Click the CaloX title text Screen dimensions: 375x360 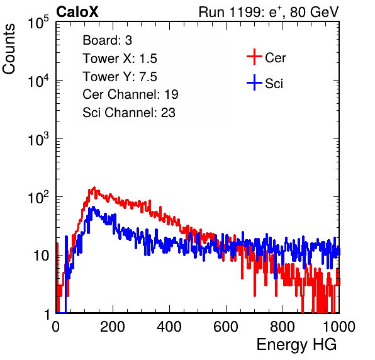click(x=77, y=12)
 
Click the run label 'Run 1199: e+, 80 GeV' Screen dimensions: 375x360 click(x=269, y=12)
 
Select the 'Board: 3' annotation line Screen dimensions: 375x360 click(x=107, y=40)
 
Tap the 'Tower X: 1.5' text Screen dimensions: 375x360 click(x=120, y=59)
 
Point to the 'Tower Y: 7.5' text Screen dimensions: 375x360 click(x=120, y=77)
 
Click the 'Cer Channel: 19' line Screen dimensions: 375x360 click(x=130, y=94)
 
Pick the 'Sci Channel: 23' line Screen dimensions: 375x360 click(x=129, y=113)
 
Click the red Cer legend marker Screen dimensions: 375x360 click(x=254, y=57)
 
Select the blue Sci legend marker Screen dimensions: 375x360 click(x=254, y=83)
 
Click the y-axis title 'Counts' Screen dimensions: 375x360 click(x=9, y=49)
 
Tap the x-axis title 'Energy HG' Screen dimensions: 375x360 click(x=296, y=345)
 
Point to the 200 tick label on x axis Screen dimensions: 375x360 click(x=113, y=327)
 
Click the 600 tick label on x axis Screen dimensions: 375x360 click(x=226, y=327)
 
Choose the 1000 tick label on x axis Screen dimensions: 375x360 click(x=339, y=327)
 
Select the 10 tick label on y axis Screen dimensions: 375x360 click(x=41, y=256)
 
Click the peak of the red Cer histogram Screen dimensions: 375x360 click(x=94, y=188)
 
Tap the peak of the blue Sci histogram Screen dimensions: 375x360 click(x=93, y=207)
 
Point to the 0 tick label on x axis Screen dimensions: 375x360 click(x=56, y=327)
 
